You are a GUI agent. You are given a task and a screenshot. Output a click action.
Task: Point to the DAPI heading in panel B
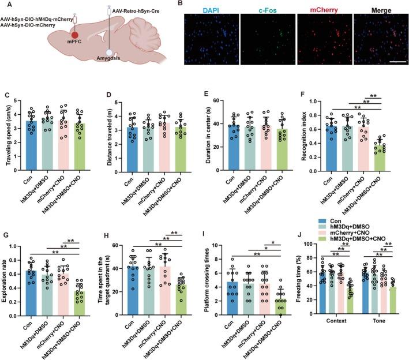coord(213,10)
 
